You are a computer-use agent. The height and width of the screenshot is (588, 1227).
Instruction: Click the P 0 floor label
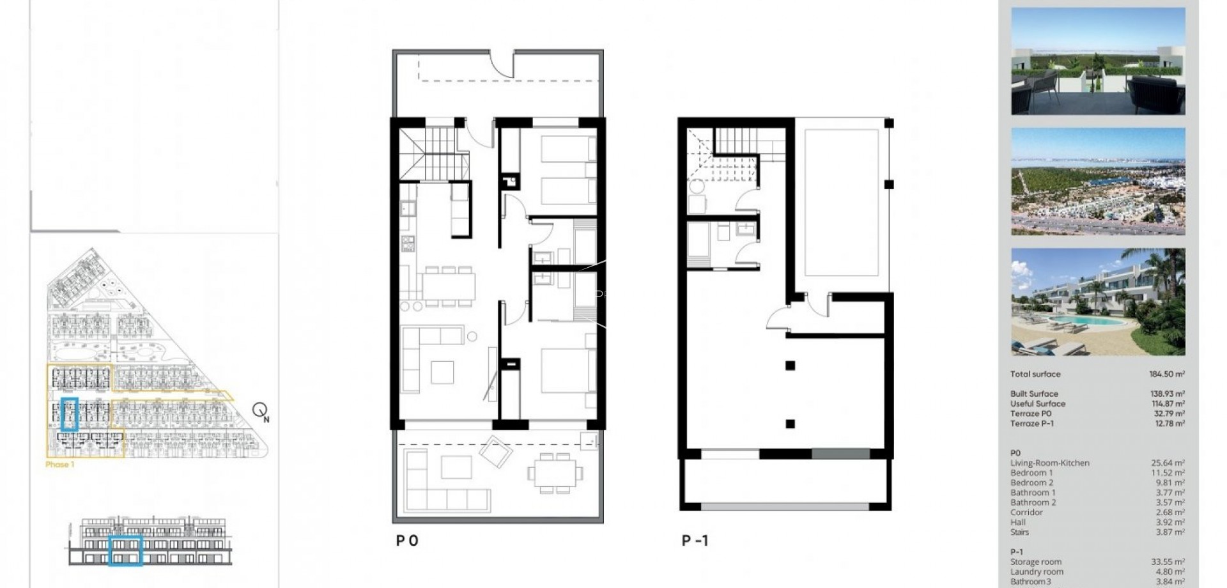(x=407, y=541)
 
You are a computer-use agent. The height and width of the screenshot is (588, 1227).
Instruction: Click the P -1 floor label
(x=695, y=541)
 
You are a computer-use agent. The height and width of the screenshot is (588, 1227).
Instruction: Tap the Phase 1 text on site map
(x=60, y=465)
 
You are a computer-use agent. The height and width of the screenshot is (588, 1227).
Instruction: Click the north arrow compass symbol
(x=260, y=410)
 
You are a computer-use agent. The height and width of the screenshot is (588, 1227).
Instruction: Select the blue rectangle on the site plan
(x=70, y=414)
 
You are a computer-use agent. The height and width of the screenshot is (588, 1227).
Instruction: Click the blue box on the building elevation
(x=125, y=550)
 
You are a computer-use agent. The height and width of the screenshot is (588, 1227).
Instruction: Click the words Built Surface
(x=1034, y=394)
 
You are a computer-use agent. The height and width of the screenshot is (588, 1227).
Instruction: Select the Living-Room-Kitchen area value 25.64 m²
(x=1168, y=463)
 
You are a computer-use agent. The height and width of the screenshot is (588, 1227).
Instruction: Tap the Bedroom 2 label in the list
(x=1031, y=483)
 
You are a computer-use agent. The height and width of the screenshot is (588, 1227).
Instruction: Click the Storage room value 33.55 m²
(x=1168, y=562)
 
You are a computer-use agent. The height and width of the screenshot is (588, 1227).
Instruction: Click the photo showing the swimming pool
(x=1097, y=302)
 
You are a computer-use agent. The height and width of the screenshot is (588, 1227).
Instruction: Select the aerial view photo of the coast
(x=1097, y=181)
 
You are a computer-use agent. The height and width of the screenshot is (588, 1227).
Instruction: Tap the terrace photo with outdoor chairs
(x=1097, y=61)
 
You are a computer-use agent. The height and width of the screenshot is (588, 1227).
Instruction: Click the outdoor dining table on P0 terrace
(x=555, y=474)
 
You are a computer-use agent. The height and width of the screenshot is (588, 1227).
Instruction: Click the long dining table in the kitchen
(x=448, y=286)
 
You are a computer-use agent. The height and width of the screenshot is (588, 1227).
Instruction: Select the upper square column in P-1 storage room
(x=790, y=366)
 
